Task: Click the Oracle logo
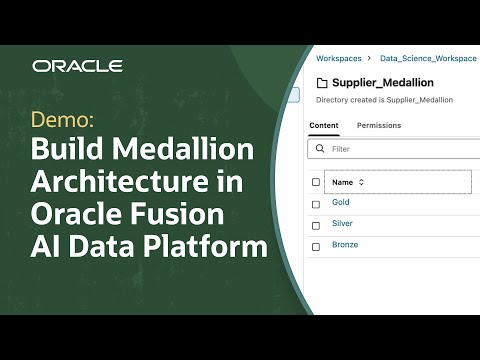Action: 77,66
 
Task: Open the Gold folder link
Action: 341,203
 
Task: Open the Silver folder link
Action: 342,224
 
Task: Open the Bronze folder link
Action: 345,245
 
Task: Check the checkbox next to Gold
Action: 316,203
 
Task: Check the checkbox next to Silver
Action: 316,224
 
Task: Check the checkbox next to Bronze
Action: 316,245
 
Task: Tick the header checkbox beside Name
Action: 316,182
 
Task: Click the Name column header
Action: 342,182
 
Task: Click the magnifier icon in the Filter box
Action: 320,149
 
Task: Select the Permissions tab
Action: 379,126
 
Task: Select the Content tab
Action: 324,126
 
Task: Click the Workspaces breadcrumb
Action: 338,59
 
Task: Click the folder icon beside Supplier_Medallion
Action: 322,83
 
